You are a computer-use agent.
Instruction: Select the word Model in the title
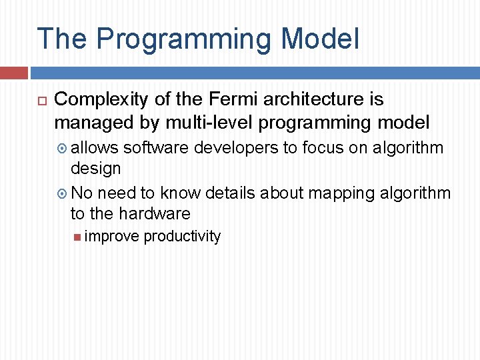tap(320, 39)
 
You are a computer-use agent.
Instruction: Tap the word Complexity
tap(101, 100)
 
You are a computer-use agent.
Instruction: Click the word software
tap(156, 147)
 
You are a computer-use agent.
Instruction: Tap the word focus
tap(323, 147)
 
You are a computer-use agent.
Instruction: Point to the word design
tap(95, 169)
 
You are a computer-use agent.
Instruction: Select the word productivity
tap(182, 237)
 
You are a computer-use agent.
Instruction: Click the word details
tap(231, 193)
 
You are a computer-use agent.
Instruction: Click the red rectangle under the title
tap(13, 73)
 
